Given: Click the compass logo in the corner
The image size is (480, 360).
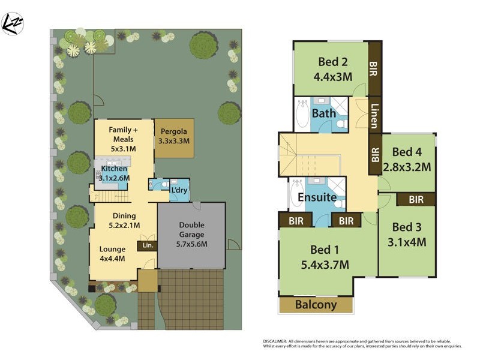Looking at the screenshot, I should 13,23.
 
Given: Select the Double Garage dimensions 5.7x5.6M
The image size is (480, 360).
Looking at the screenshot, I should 193,244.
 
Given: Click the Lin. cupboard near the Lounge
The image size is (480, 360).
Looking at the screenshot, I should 146,245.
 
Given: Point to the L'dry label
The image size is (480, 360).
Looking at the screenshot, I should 179,190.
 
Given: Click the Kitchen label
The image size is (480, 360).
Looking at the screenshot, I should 114,169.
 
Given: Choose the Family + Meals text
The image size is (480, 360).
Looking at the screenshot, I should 123,134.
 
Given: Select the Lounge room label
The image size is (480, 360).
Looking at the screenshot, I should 112,250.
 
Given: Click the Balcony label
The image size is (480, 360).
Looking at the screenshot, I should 316,305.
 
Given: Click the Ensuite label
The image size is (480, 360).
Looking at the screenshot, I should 316,197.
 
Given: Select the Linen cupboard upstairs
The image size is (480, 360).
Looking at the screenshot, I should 374,116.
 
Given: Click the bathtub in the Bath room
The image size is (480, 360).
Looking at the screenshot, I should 302,115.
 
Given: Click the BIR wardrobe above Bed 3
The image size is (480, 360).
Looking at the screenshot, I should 416,199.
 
